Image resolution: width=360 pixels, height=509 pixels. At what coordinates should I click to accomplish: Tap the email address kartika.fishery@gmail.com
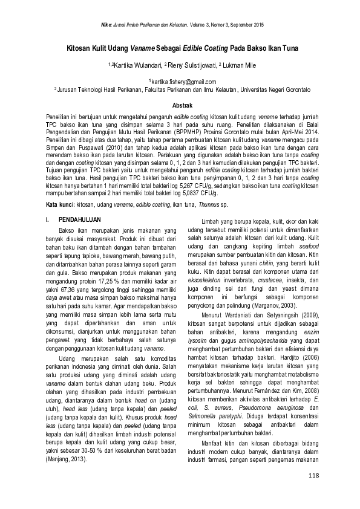(180, 81)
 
